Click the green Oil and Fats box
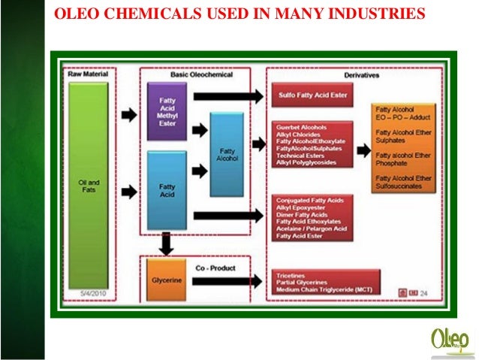coord(90,185)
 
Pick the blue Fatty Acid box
coord(167,191)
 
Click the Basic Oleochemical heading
coord(202,74)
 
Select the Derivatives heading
coord(360,75)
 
